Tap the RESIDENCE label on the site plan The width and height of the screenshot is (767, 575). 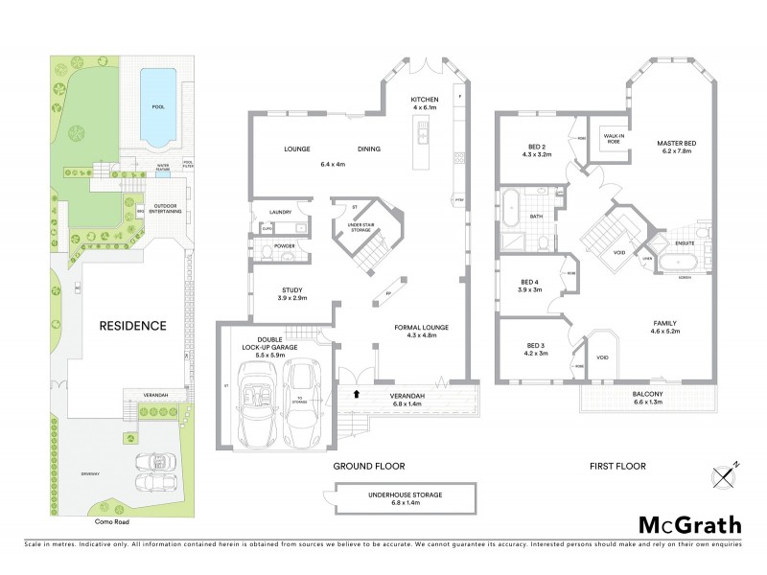tap(133, 326)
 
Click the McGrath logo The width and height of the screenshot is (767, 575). tap(689, 524)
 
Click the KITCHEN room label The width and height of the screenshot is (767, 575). tap(424, 99)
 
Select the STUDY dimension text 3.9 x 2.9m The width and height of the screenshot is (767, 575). tap(293, 299)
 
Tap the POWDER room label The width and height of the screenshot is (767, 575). tap(284, 246)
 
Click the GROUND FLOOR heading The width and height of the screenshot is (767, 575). tap(364, 466)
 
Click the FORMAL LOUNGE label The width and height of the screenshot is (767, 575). tap(422, 327)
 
